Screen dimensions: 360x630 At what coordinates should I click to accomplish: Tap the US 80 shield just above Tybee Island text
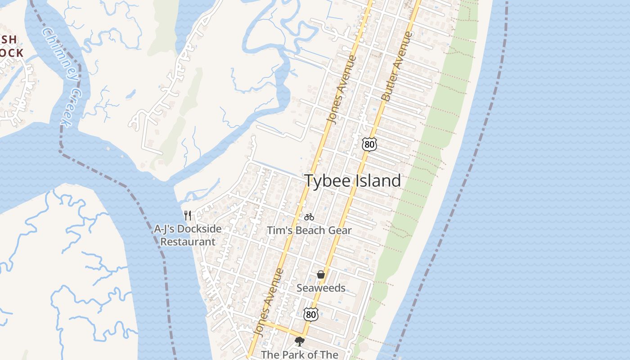pos(369,144)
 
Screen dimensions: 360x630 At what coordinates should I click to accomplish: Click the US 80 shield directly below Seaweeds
pos(311,314)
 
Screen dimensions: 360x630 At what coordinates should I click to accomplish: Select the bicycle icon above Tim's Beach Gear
pos(309,217)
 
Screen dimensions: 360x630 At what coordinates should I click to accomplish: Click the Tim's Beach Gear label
pos(309,230)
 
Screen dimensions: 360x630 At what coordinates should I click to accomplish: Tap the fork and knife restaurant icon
pos(188,216)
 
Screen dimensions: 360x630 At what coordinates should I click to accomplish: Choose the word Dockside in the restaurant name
pos(199,229)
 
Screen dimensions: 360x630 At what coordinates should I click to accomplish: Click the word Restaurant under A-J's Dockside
pos(188,242)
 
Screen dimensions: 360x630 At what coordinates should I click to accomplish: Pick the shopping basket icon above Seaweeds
pos(321,274)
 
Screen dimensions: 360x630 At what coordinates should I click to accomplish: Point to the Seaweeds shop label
pos(321,288)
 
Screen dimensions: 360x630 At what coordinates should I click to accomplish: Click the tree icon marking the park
pos(299,342)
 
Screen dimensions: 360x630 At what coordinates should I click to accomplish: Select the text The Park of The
pos(299,355)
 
